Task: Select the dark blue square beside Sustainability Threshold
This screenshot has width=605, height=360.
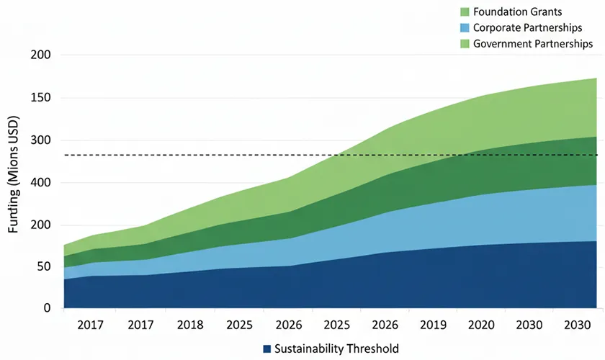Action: (267, 348)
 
